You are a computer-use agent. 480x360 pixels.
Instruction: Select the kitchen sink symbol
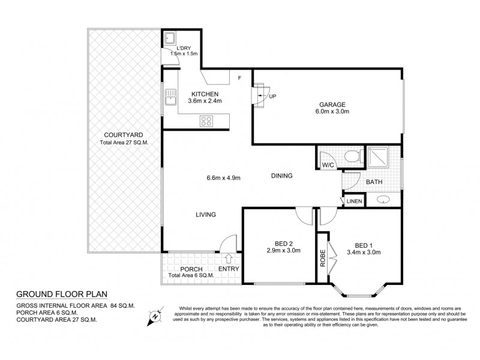171,96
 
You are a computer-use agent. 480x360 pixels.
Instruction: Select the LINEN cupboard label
353,201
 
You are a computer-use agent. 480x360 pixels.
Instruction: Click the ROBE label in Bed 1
323,257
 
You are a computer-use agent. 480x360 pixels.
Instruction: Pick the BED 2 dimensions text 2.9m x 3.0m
278,252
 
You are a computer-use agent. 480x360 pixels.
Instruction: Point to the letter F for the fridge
239,78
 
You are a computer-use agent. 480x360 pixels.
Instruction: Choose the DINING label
281,176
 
